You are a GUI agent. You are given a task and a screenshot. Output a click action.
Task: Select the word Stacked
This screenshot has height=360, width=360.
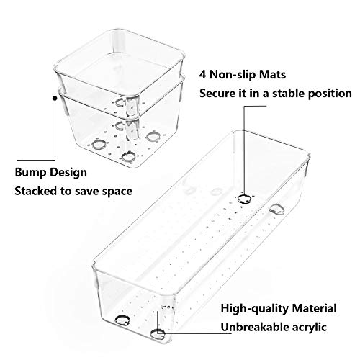click(x=36, y=191)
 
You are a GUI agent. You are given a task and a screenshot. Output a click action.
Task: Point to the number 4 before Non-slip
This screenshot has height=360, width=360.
click(x=203, y=75)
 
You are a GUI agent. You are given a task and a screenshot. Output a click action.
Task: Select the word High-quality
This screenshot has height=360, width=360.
click(x=255, y=309)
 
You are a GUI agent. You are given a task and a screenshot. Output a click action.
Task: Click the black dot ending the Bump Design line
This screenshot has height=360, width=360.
click(x=55, y=98)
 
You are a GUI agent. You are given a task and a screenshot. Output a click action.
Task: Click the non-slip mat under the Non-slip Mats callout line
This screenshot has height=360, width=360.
click(x=245, y=199)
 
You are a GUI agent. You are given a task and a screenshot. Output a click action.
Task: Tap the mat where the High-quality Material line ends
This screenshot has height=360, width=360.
click(x=158, y=334)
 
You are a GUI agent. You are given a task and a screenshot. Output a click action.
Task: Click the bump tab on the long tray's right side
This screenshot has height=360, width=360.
click(x=276, y=209)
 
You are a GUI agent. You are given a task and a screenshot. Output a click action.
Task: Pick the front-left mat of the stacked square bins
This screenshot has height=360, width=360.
click(x=99, y=145)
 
